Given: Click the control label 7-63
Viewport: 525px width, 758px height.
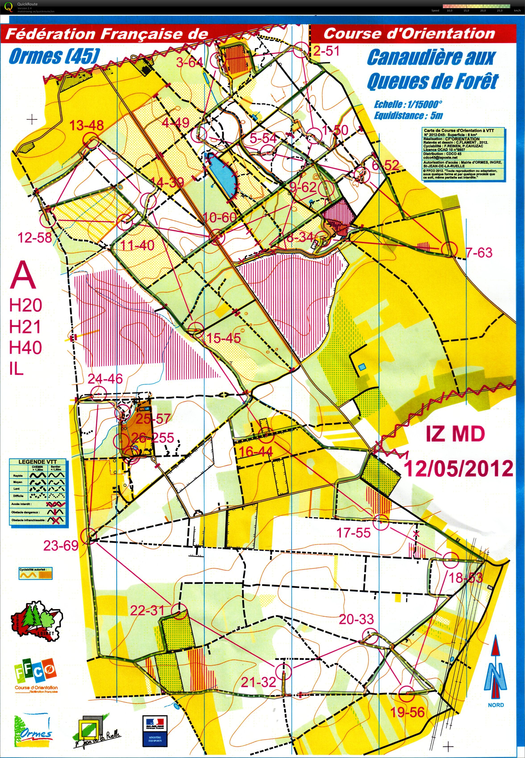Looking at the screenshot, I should [479, 253].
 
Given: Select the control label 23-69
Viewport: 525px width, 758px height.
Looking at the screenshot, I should [61, 546].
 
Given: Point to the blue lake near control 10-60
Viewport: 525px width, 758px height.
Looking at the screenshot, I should [223, 174].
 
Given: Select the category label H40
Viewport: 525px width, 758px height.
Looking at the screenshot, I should [25, 347].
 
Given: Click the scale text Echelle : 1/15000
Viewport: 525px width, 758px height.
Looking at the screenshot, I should [408, 105].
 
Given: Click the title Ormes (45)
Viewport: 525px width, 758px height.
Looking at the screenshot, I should [54, 56].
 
